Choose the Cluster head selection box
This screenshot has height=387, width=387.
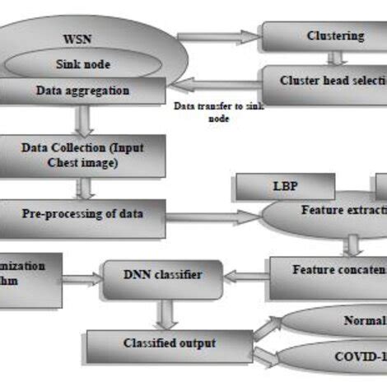click(324, 82)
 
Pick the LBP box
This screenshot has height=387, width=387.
click(285, 186)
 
